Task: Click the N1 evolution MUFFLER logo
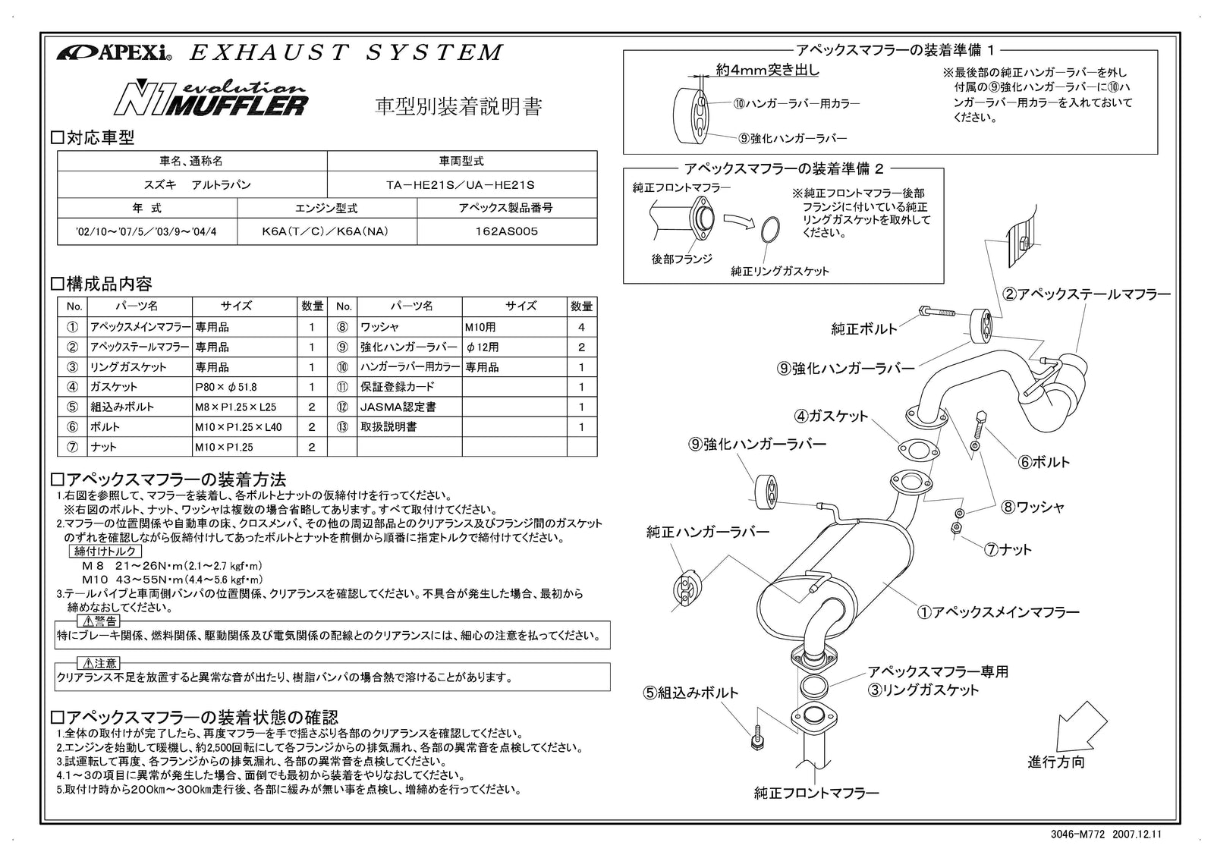211,98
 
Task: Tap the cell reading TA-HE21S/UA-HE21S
461,184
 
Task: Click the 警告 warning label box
98,621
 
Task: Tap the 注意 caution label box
98,663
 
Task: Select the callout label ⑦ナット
1008,550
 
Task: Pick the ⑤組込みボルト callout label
691,693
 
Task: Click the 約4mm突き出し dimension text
768,70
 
